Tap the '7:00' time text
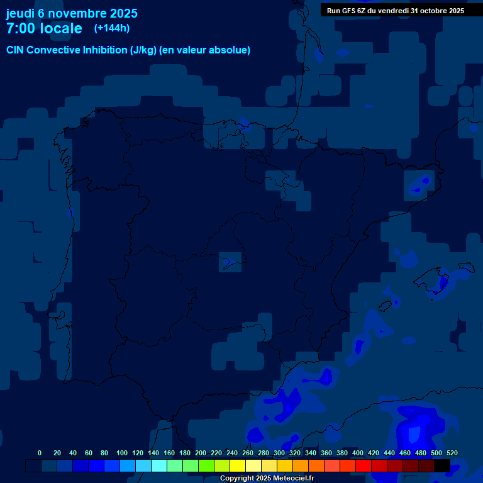click(x=21, y=28)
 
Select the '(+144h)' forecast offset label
click(x=111, y=28)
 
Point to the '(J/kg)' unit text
click(x=143, y=50)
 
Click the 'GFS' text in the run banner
click(x=348, y=11)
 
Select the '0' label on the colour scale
click(x=40, y=453)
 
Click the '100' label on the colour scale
click(x=122, y=453)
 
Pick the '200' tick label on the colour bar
click(x=201, y=453)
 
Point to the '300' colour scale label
click(x=279, y=453)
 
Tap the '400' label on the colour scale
click(x=358, y=453)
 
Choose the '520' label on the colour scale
click(x=452, y=453)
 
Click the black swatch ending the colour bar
click(x=442, y=465)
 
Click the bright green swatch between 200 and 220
click(x=206, y=465)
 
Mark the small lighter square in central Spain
click(x=230, y=261)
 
